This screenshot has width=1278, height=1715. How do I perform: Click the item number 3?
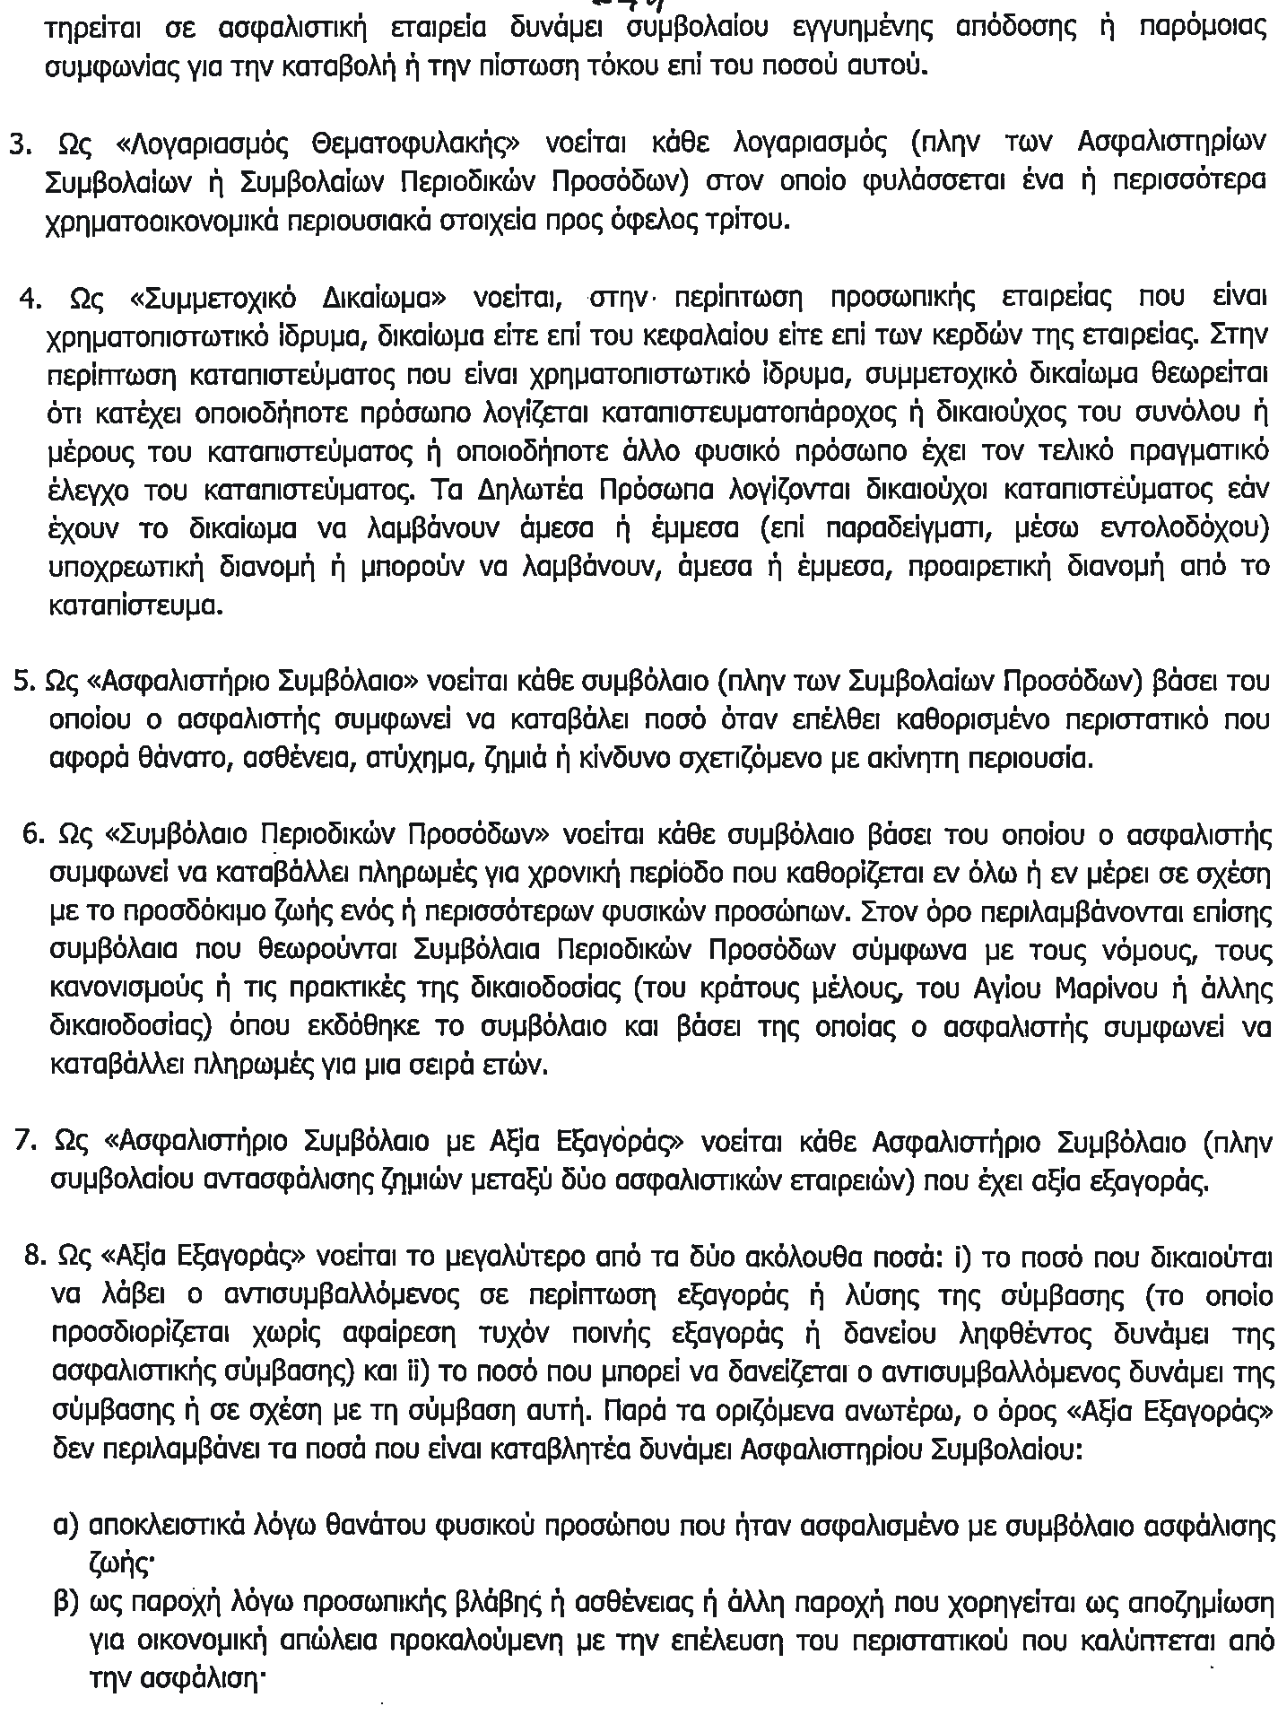pyautogui.click(x=19, y=144)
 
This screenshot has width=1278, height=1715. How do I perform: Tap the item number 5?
pyautogui.click(x=23, y=682)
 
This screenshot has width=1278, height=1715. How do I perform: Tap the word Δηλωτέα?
pyautogui.click(x=497, y=491)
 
